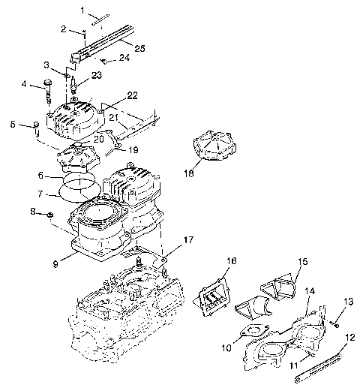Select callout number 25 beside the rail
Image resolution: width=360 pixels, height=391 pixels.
(x=139, y=48)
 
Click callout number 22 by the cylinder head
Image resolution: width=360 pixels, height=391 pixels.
(x=132, y=95)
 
